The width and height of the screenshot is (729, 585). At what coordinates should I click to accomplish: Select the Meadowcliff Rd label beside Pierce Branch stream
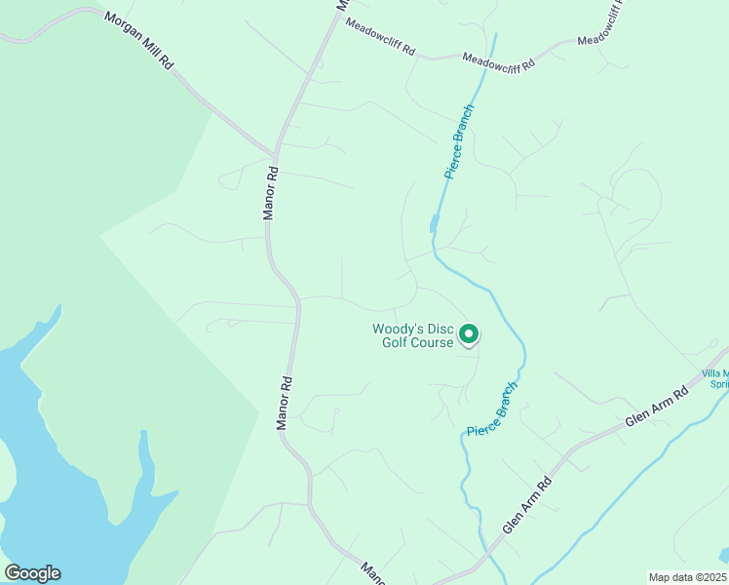tap(498, 61)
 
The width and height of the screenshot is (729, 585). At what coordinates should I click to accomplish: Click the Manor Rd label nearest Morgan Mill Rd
tap(272, 192)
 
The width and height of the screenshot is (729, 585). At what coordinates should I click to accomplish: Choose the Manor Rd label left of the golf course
tap(284, 403)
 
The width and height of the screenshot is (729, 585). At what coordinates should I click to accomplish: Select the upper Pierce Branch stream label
tap(459, 142)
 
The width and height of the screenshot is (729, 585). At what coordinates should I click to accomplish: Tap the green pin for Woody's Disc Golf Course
tap(469, 334)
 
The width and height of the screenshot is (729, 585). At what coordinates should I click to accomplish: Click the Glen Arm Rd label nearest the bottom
tap(527, 506)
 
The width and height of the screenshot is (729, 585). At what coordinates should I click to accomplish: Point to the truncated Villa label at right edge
tap(716, 377)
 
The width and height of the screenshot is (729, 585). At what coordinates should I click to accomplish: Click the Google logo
tap(32, 573)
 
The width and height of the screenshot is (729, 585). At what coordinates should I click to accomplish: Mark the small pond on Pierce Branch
tap(434, 225)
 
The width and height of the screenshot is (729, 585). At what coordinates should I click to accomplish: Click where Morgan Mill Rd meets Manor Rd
tap(274, 154)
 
